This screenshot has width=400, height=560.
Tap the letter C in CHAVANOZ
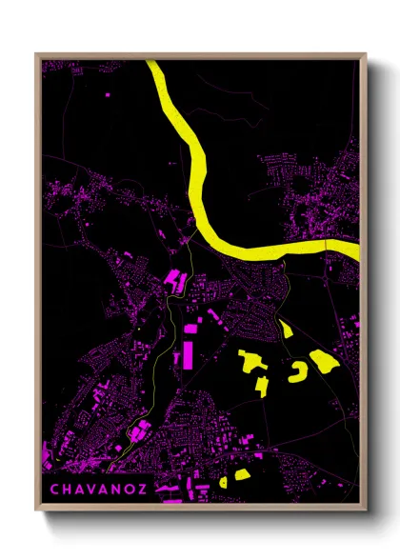[54, 490]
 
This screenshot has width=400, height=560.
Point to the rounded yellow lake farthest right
[324, 361]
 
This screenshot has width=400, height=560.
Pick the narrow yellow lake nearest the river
[287, 330]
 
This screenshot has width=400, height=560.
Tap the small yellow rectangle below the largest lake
[260, 385]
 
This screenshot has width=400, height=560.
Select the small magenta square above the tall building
[190, 329]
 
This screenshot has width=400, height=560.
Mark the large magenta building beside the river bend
[176, 281]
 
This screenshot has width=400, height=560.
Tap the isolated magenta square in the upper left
[107, 95]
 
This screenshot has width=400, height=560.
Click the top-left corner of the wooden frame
[35, 54]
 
